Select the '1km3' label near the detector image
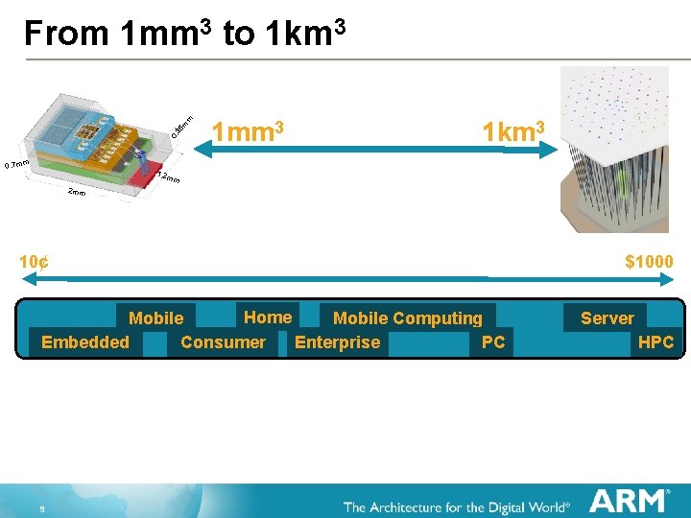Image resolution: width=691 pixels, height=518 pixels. tap(513, 131)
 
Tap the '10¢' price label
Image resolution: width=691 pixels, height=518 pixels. tap(36, 262)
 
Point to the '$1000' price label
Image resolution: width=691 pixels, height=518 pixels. tap(649, 262)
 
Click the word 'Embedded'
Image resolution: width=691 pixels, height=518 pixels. tap(85, 342)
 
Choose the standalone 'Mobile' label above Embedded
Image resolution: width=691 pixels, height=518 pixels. tap(155, 318)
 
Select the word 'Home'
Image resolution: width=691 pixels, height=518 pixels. tap(268, 318)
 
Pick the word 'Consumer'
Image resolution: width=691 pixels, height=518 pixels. tap(223, 342)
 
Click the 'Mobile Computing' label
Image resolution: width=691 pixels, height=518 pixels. tap(407, 318)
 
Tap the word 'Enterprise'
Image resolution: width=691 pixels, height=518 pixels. tap(337, 342)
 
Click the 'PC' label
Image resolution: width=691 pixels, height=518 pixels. tap(493, 342)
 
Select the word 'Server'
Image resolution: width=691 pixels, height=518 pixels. tap(607, 318)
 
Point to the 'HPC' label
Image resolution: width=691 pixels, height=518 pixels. tap(655, 342)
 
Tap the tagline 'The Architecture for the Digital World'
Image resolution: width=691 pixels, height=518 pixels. tap(456, 506)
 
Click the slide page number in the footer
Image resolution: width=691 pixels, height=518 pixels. tap(43, 509)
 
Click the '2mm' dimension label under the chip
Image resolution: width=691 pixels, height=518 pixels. tap(77, 193)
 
